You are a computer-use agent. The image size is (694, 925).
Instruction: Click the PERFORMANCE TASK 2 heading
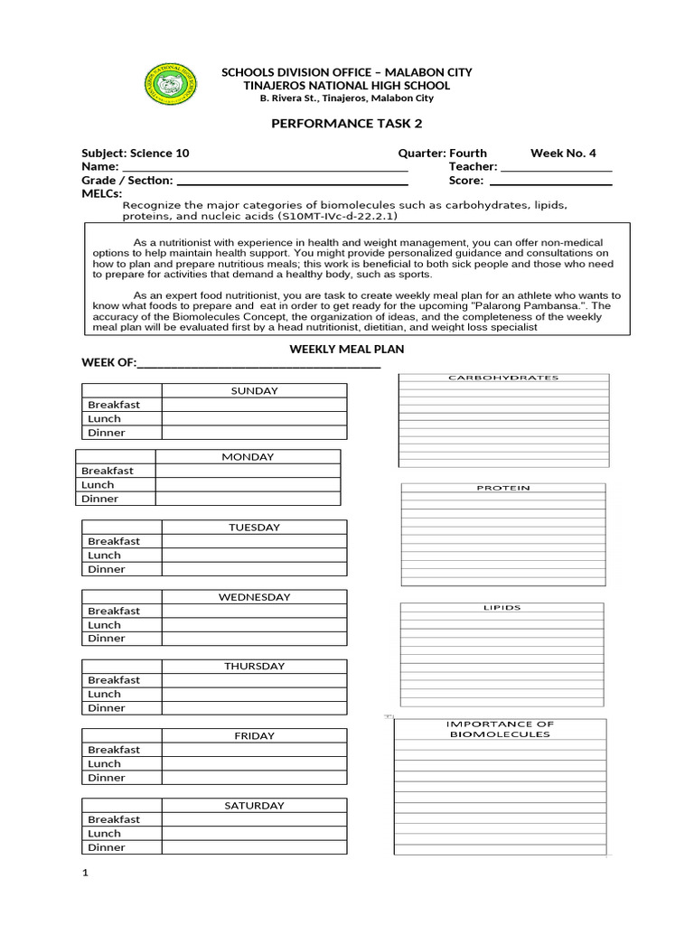click(347, 123)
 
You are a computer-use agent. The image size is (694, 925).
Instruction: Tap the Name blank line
click(264, 168)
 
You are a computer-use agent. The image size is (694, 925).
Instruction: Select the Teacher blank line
click(556, 168)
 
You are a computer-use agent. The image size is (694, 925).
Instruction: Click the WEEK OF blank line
click(258, 365)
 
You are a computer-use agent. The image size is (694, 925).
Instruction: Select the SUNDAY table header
click(255, 390)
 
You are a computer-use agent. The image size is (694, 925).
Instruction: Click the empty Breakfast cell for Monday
click(249, 471)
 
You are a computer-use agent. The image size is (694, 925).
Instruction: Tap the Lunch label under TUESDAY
click(104, 556)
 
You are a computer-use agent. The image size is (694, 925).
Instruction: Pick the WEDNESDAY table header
click(255, 597)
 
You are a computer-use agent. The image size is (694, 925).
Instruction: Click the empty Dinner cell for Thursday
click(255, 708)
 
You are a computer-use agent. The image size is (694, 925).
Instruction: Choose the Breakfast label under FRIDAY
click(114, 750)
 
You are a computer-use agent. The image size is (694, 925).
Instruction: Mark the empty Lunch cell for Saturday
click(255, 834)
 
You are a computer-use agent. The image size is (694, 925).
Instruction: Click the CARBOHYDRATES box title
click(503, 378)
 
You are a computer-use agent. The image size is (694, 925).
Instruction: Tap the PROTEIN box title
click(503, 488)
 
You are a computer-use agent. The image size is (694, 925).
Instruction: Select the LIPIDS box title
click(502, 608)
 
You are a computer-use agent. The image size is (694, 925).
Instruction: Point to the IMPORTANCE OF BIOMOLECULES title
click(500, 729)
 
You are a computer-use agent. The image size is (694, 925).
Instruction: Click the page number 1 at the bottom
click(85, 873)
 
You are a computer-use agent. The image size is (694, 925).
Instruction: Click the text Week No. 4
click(563, 154)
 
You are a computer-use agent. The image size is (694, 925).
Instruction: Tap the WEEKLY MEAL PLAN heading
click(347, 349)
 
